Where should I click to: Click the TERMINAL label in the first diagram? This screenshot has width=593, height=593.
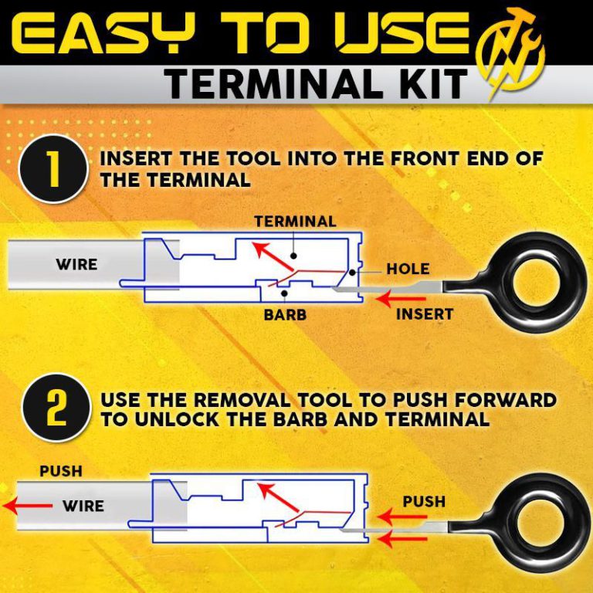pyautogui.click(x=295, y=222)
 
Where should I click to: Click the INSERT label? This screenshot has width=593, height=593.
pyautogui.click(x=424, y=314)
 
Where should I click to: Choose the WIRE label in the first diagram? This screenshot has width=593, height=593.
pyautogui.click(x=76, y=264)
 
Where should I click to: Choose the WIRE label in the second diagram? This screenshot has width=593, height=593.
pyautogui.click(x=83, y=507)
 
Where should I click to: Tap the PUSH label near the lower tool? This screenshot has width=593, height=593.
pyautogui.click(x=424, y=502)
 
